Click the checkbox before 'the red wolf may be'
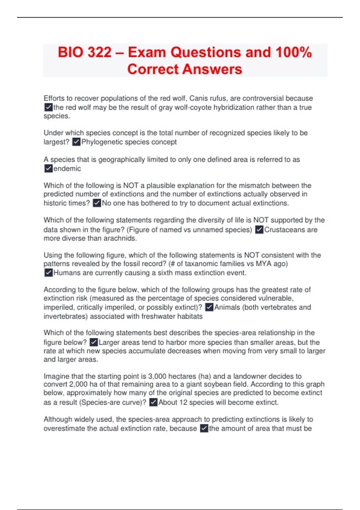tap(48, 107)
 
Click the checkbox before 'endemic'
tap(48, 169)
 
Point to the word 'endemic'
tap(67, 169)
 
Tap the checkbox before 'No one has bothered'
tap(97, 203)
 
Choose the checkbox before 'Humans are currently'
tap(48, 273)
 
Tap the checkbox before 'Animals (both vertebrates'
tap(209, 307)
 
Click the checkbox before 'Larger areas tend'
tap(94, 342)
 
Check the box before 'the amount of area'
tap(204, 428)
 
